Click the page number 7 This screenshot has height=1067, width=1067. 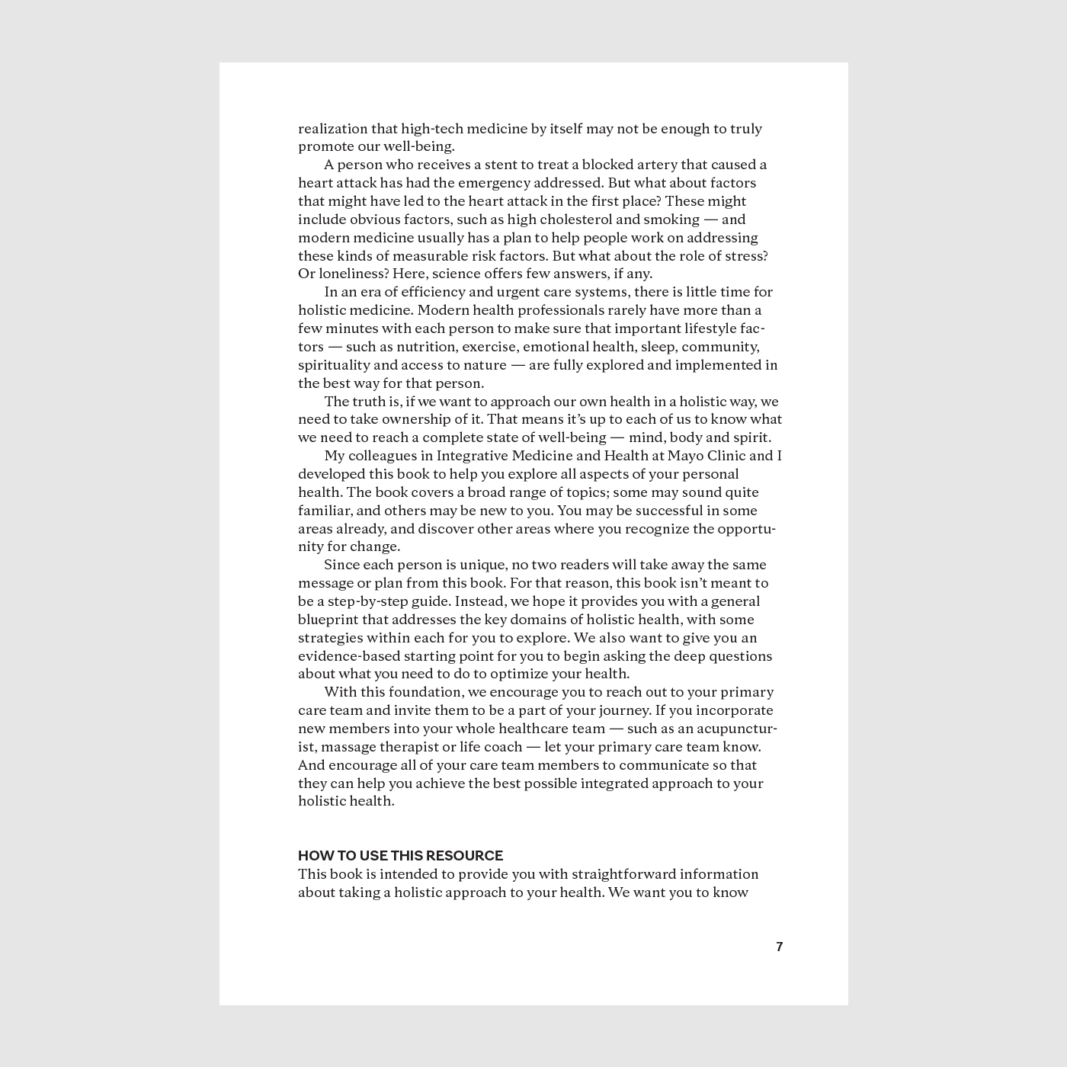[x=779, y=947]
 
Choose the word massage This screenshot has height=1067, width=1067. [x=357, y=747]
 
